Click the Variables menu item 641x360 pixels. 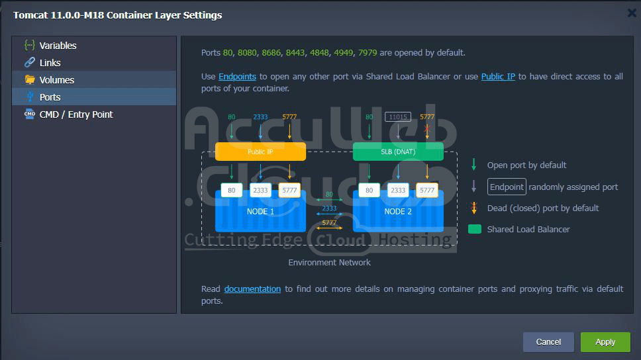pyautogui.click(x=58, y=46)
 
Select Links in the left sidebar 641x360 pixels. pyautogui.click(x=50, y=63)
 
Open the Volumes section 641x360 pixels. pyautogui.click(x=56, y=80)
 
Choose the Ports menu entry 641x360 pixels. pyautogui.click(x=50, y=97)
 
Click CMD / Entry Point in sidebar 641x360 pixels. pyautogui.click(x=76, y=114)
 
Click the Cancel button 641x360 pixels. pyautogui.click(x=548, y=341)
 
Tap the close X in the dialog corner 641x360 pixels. pyautogui.click(x=632, y=13)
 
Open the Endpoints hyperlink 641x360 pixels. pyautogui.click(x=237, y=77)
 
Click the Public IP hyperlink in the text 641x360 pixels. pyautogui.click(x=498, y=77)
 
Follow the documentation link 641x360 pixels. pyautogui.click(x=252, y=289)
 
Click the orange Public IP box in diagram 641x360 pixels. pyautogui.click(x=260, y=152)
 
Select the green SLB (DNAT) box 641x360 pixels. pyautogui.click(x=398, y=152)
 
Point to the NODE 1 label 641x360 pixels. pyautogui.click(x=260, y=211)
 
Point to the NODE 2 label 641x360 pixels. pyautogui.click(x=398, y=211)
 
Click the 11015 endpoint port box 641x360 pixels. pyautogui.click(x=398, y=117)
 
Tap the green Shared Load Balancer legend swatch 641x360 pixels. pyautogui.click(x=474, y=229)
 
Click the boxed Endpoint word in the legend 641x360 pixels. pyautogui.click(x=507, y=187)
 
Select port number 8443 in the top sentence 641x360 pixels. pyautogui.click(x=295, y=53)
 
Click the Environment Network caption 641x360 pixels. pyautogui.click(x=329, y=263)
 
